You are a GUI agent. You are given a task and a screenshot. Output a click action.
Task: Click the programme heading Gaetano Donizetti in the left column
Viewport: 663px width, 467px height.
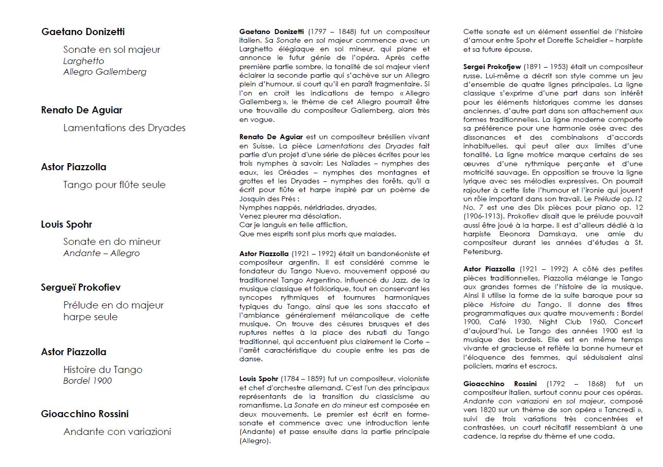[83, 32]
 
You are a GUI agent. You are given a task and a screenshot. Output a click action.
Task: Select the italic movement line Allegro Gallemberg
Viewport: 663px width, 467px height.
[105, 72]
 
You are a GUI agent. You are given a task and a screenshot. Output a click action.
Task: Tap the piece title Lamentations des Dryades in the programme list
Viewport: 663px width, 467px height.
[124, 128]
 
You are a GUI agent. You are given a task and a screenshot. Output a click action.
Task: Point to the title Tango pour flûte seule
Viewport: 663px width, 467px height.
[114, 184]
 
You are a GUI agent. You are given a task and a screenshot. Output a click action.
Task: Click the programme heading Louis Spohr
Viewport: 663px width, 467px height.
[67, 224]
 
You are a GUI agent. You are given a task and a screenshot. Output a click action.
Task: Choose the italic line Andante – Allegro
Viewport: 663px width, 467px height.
[101, 253]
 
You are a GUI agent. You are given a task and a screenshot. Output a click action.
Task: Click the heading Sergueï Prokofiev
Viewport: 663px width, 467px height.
[81, 288]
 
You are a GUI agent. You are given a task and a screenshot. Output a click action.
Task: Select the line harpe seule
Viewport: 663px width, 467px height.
[90, 317]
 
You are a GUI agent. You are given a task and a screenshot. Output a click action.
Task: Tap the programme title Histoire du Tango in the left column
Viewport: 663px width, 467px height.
[103, 369]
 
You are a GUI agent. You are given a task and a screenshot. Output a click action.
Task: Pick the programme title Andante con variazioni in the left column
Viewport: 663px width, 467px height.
[117, 431]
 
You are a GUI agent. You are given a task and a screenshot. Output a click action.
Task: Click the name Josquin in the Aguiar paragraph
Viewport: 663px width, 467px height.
[253, 199]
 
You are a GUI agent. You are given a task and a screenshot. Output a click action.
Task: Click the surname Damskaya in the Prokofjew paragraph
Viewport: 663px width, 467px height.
[547, 234]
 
